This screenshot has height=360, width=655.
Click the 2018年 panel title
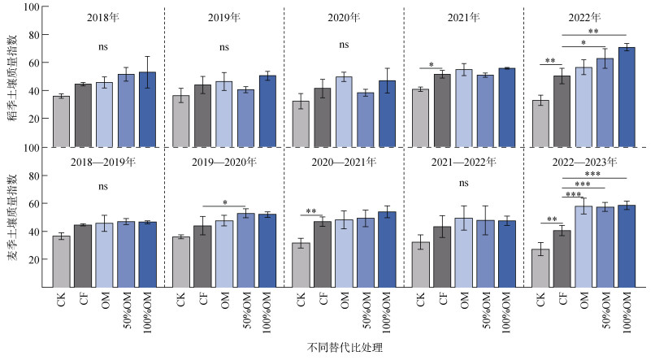102,18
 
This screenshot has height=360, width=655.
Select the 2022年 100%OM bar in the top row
627,98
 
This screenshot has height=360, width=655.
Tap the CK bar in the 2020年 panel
301,124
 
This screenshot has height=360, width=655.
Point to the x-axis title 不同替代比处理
345,348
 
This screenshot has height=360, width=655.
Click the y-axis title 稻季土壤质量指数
13,77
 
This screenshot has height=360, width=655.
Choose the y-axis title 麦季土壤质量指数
13,217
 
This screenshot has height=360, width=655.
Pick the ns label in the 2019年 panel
224,47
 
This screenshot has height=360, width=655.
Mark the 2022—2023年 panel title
584,162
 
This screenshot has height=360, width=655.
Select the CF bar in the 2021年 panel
442,111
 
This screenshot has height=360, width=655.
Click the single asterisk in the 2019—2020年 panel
225,202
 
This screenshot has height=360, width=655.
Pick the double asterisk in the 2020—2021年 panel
310,211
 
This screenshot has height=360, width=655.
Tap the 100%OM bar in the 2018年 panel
147,110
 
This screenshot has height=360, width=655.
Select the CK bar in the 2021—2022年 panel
421,265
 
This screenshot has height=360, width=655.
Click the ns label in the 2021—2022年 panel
464,183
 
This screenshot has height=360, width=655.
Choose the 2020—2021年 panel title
344,162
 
